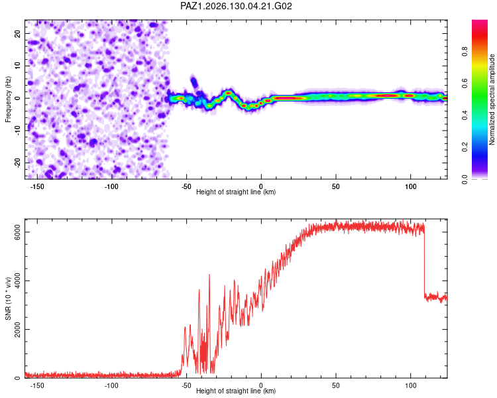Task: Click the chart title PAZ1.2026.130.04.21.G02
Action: [x=236, y=6]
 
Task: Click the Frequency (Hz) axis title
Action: [x=8, y=99]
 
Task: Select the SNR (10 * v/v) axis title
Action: [x=8, y=298]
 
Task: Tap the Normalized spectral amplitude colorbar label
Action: [x=492, y=99]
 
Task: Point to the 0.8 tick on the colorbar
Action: [x=465, y=51]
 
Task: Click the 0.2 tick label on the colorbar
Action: [x=465, y=147]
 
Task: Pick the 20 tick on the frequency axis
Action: [x=17, y=33]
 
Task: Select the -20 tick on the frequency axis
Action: [x=17, y=163]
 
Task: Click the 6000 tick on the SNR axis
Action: [x=17, y=232]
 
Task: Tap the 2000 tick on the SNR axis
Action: [x=17, y=330]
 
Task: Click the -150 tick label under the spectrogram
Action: [x=37, y=186]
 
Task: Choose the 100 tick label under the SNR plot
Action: [x=410, y=385]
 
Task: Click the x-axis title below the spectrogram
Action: [x=236, y=192]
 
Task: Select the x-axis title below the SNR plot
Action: [x=236, y=391]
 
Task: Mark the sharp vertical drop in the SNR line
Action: [x=424, y=260]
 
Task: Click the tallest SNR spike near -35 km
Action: [x=209, y=275]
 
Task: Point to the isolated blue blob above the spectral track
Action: [x=193, y=82]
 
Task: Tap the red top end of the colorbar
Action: [x=480, y=22]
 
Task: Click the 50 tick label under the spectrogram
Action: [x=336, y=186]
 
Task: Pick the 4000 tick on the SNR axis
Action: [x=17, y=281]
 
